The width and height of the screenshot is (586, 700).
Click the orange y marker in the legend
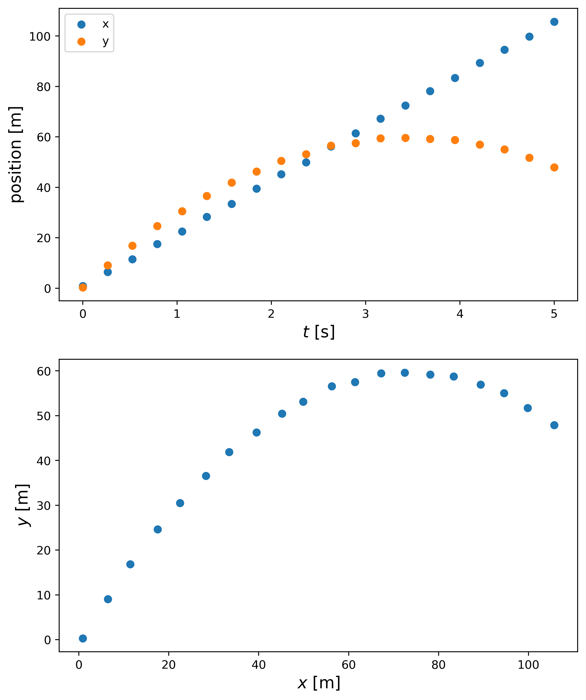click(x=81, y=42)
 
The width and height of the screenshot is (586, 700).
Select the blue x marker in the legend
click(x=81, y=24)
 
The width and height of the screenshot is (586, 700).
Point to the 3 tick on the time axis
click(x=365, y=314)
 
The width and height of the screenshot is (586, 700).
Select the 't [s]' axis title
click(x=319, y=332)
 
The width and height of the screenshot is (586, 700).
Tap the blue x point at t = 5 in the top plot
click(x=554, y=22)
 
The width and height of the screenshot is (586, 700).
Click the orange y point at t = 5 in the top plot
click(x=554, y=167)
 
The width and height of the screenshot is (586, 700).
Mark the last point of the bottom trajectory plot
click(x=554, y=425)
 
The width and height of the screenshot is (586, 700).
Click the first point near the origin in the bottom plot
click(x=83, y=638)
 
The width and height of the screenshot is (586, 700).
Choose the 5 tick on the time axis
click(x=554, y=314)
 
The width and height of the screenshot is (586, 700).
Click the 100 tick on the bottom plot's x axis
click(x=528, y=665)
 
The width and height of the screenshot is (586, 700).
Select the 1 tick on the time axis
click(x=177, y=314)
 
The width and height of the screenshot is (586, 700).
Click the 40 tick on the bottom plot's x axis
click(x=258, y=665)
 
